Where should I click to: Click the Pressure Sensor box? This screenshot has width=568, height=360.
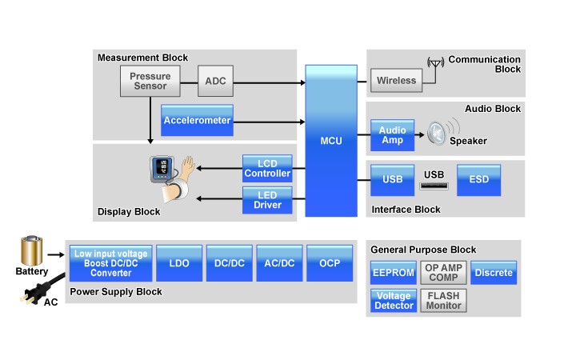pos(150,81)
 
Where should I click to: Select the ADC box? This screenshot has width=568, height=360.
pos(215,81)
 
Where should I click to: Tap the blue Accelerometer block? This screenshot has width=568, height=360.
pos(197,121)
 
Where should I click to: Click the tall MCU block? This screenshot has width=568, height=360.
pos(330,142)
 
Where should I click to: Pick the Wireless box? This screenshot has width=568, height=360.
pos(396,80)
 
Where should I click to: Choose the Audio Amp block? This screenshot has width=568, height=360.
pos(392,135)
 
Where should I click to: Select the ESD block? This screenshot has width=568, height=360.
pos(478,180)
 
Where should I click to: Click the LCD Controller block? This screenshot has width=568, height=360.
pos(267,169)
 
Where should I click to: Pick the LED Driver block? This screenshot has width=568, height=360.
pos(267,201)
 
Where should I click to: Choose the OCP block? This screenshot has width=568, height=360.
pos(329,262)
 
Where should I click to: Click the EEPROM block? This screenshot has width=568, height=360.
pos(393,273)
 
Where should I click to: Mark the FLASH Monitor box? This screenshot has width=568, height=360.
pos(442,301)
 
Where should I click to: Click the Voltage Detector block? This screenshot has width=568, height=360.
pos(393,301)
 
